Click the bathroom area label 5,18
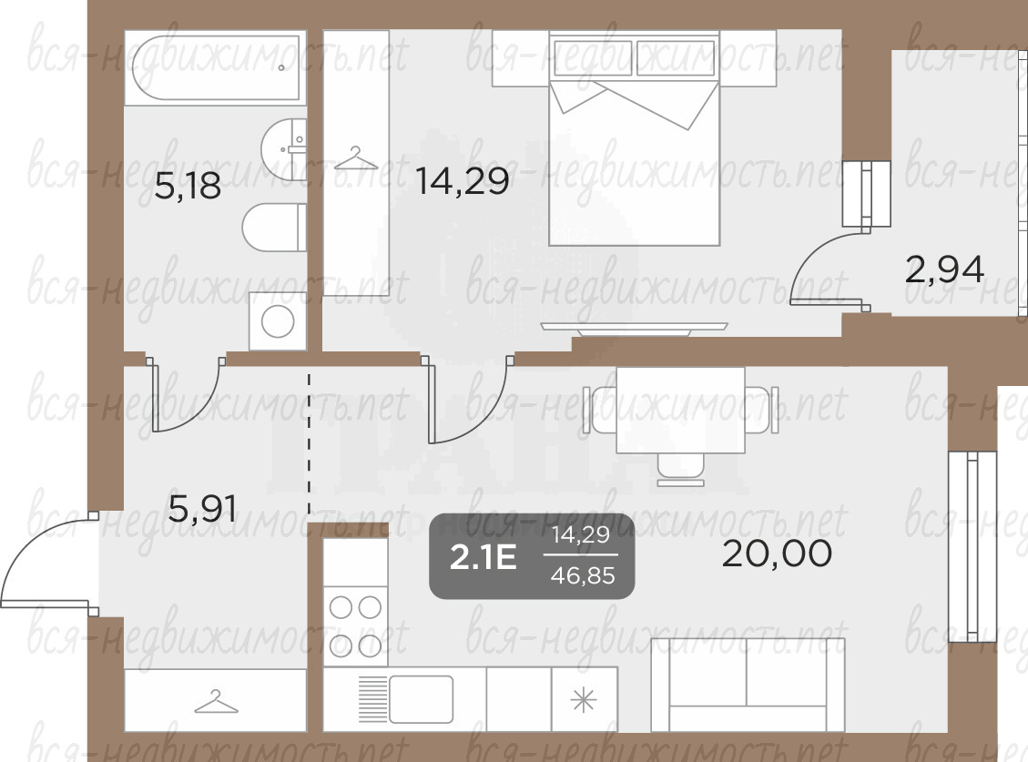coord(188,186)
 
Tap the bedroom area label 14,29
coord(463,181)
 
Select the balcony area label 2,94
coord(944,269)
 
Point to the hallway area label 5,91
coord(202,508)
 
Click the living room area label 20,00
coord(777,554)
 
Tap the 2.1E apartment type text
coord(483,558)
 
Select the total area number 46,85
coord(583,575)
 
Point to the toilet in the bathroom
coord(274,227)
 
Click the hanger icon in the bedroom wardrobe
coord(356,158)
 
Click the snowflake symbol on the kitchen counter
coord(584,701)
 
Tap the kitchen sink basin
coord(421,699)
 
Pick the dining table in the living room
coord(680,410)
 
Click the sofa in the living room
coord(748,685)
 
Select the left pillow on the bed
coord(593,57)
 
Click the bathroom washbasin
coord(284,149)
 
